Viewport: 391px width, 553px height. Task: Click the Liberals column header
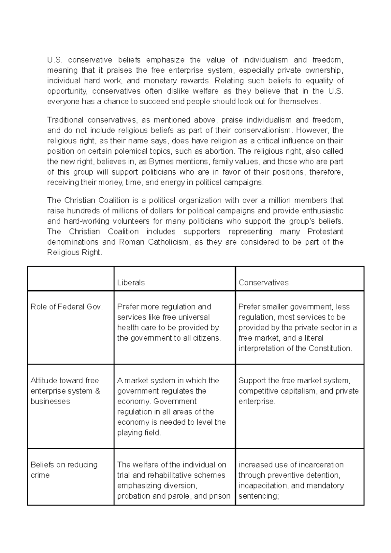131,282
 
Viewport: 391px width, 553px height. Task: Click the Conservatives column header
263,282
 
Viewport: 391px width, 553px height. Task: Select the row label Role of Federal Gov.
66,307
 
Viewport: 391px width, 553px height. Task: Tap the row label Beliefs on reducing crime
64,470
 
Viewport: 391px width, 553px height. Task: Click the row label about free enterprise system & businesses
65,391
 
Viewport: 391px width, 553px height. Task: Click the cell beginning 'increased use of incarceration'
291,480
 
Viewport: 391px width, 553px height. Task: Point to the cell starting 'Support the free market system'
298,391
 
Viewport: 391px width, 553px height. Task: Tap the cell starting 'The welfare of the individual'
173,480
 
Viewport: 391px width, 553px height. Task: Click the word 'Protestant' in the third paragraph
325,232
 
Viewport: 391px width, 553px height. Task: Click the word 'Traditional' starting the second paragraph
65,120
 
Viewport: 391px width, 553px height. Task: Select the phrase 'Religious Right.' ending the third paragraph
75,252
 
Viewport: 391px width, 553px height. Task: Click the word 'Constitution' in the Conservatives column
330,348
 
